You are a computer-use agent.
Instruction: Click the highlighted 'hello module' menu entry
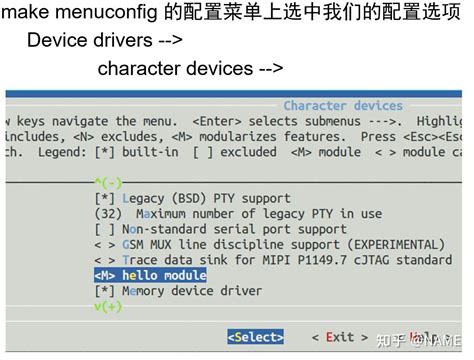(163, 275)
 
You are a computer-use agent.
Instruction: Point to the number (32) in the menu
(107, 213)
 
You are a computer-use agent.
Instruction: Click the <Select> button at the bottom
(255, 337)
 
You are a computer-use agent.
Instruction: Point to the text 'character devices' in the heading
(175, 69)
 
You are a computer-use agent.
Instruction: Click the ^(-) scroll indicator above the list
(107, 182)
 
